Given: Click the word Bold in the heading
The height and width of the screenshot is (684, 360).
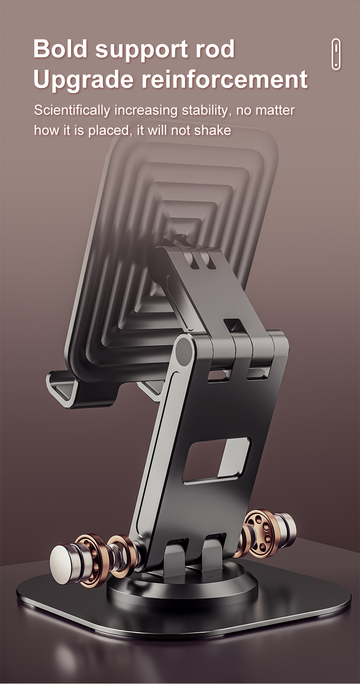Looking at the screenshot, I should click(x=60, y=49).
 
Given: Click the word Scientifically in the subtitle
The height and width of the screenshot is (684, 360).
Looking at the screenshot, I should click(x=72, y=110).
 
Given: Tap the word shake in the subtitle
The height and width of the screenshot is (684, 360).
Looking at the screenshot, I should click(x=212, y=130).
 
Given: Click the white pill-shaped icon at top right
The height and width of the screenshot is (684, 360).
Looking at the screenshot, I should click(x=336, y=54).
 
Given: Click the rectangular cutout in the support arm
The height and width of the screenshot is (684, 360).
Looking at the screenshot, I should click(x=216, y=460).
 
